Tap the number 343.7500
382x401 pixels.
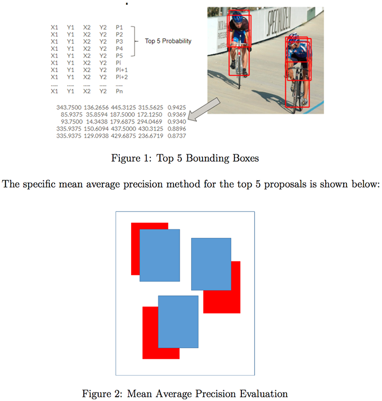point(68,107)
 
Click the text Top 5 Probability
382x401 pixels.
point(168,40)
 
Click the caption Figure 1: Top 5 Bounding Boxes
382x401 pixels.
point(190,157)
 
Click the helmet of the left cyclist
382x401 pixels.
point(238,18)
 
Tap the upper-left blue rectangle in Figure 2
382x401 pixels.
point(159,255)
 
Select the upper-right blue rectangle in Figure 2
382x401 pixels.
point(211,264)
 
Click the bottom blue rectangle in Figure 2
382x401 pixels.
point(178,321)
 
